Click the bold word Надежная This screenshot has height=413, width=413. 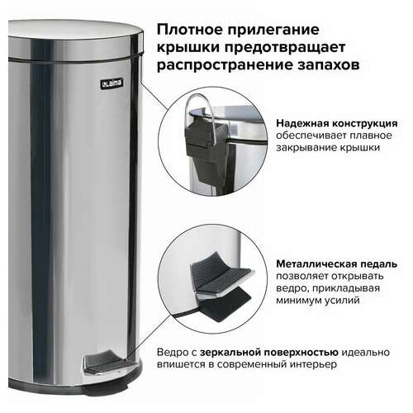301,123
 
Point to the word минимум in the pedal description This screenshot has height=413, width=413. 298,300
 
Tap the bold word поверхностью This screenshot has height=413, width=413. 301,353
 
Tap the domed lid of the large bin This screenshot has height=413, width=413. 76,40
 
